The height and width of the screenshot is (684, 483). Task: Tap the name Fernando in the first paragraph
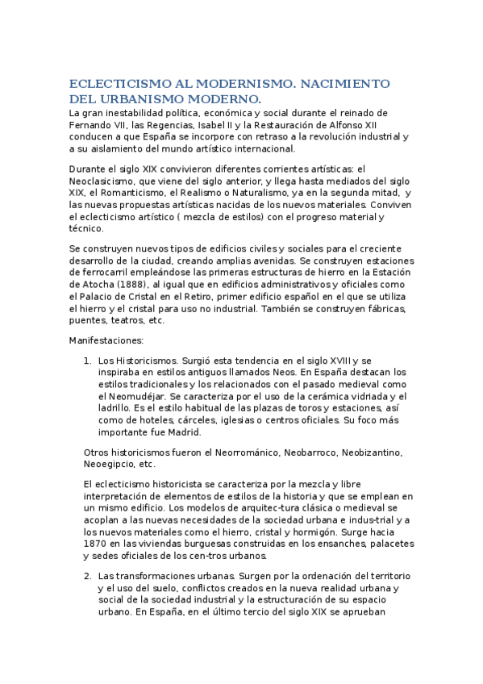tap(90, 125)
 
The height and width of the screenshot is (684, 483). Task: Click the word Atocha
tap(87, 284)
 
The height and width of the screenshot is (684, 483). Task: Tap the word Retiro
tap(189, 296)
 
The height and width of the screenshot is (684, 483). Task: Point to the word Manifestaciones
tap(105, 340)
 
